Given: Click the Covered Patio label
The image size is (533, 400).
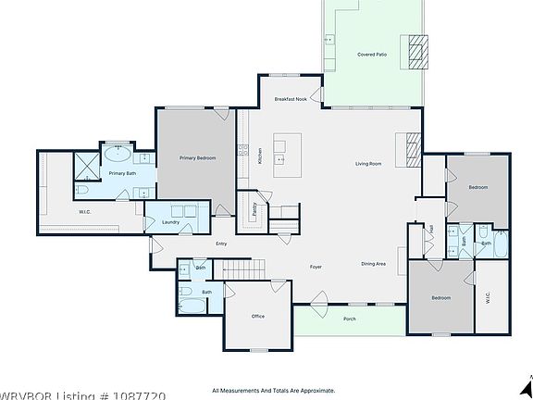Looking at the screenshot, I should pyautogui.click(x=372, y=55).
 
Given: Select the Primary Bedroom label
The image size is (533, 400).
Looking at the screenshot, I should pyautogui.click(x=198, y=158).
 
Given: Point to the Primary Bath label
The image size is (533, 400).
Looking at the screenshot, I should pyautogui.click(x=122, y=173).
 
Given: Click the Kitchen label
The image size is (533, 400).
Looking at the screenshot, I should pyautogui.click(x=260, y=157).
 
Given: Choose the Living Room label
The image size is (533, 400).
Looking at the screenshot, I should pyautogui.click(x=368, y=164).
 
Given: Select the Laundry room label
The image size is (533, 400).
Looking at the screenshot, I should pyautogui.click(x=170, y=222).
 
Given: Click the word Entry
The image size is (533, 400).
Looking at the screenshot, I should pyautogui.click(x=221, y=244).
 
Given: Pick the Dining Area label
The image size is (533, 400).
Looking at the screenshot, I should pyautogui.click(x=373, y=264).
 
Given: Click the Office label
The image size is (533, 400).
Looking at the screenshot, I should pyautogui.click(x=258, y=316).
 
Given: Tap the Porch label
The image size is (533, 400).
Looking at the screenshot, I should pyautogui.click(x=349, y=319).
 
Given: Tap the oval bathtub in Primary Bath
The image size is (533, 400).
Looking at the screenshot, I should pyautogui.click(x=116, y=154).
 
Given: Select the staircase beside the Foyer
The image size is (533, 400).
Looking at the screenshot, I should pyautogui.click(x=242, y=269).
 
